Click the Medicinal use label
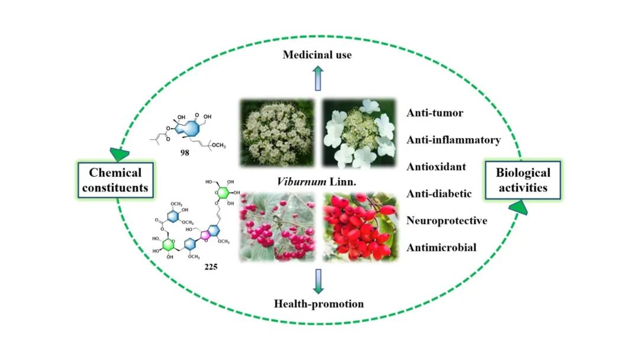[317, 55]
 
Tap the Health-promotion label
[319, 304]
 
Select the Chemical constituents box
[115, 180]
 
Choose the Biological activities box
[523, 180]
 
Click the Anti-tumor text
[436, 112]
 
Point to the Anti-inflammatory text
[454, 140]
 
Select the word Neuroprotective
[447, 220]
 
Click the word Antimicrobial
[441, 247]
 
